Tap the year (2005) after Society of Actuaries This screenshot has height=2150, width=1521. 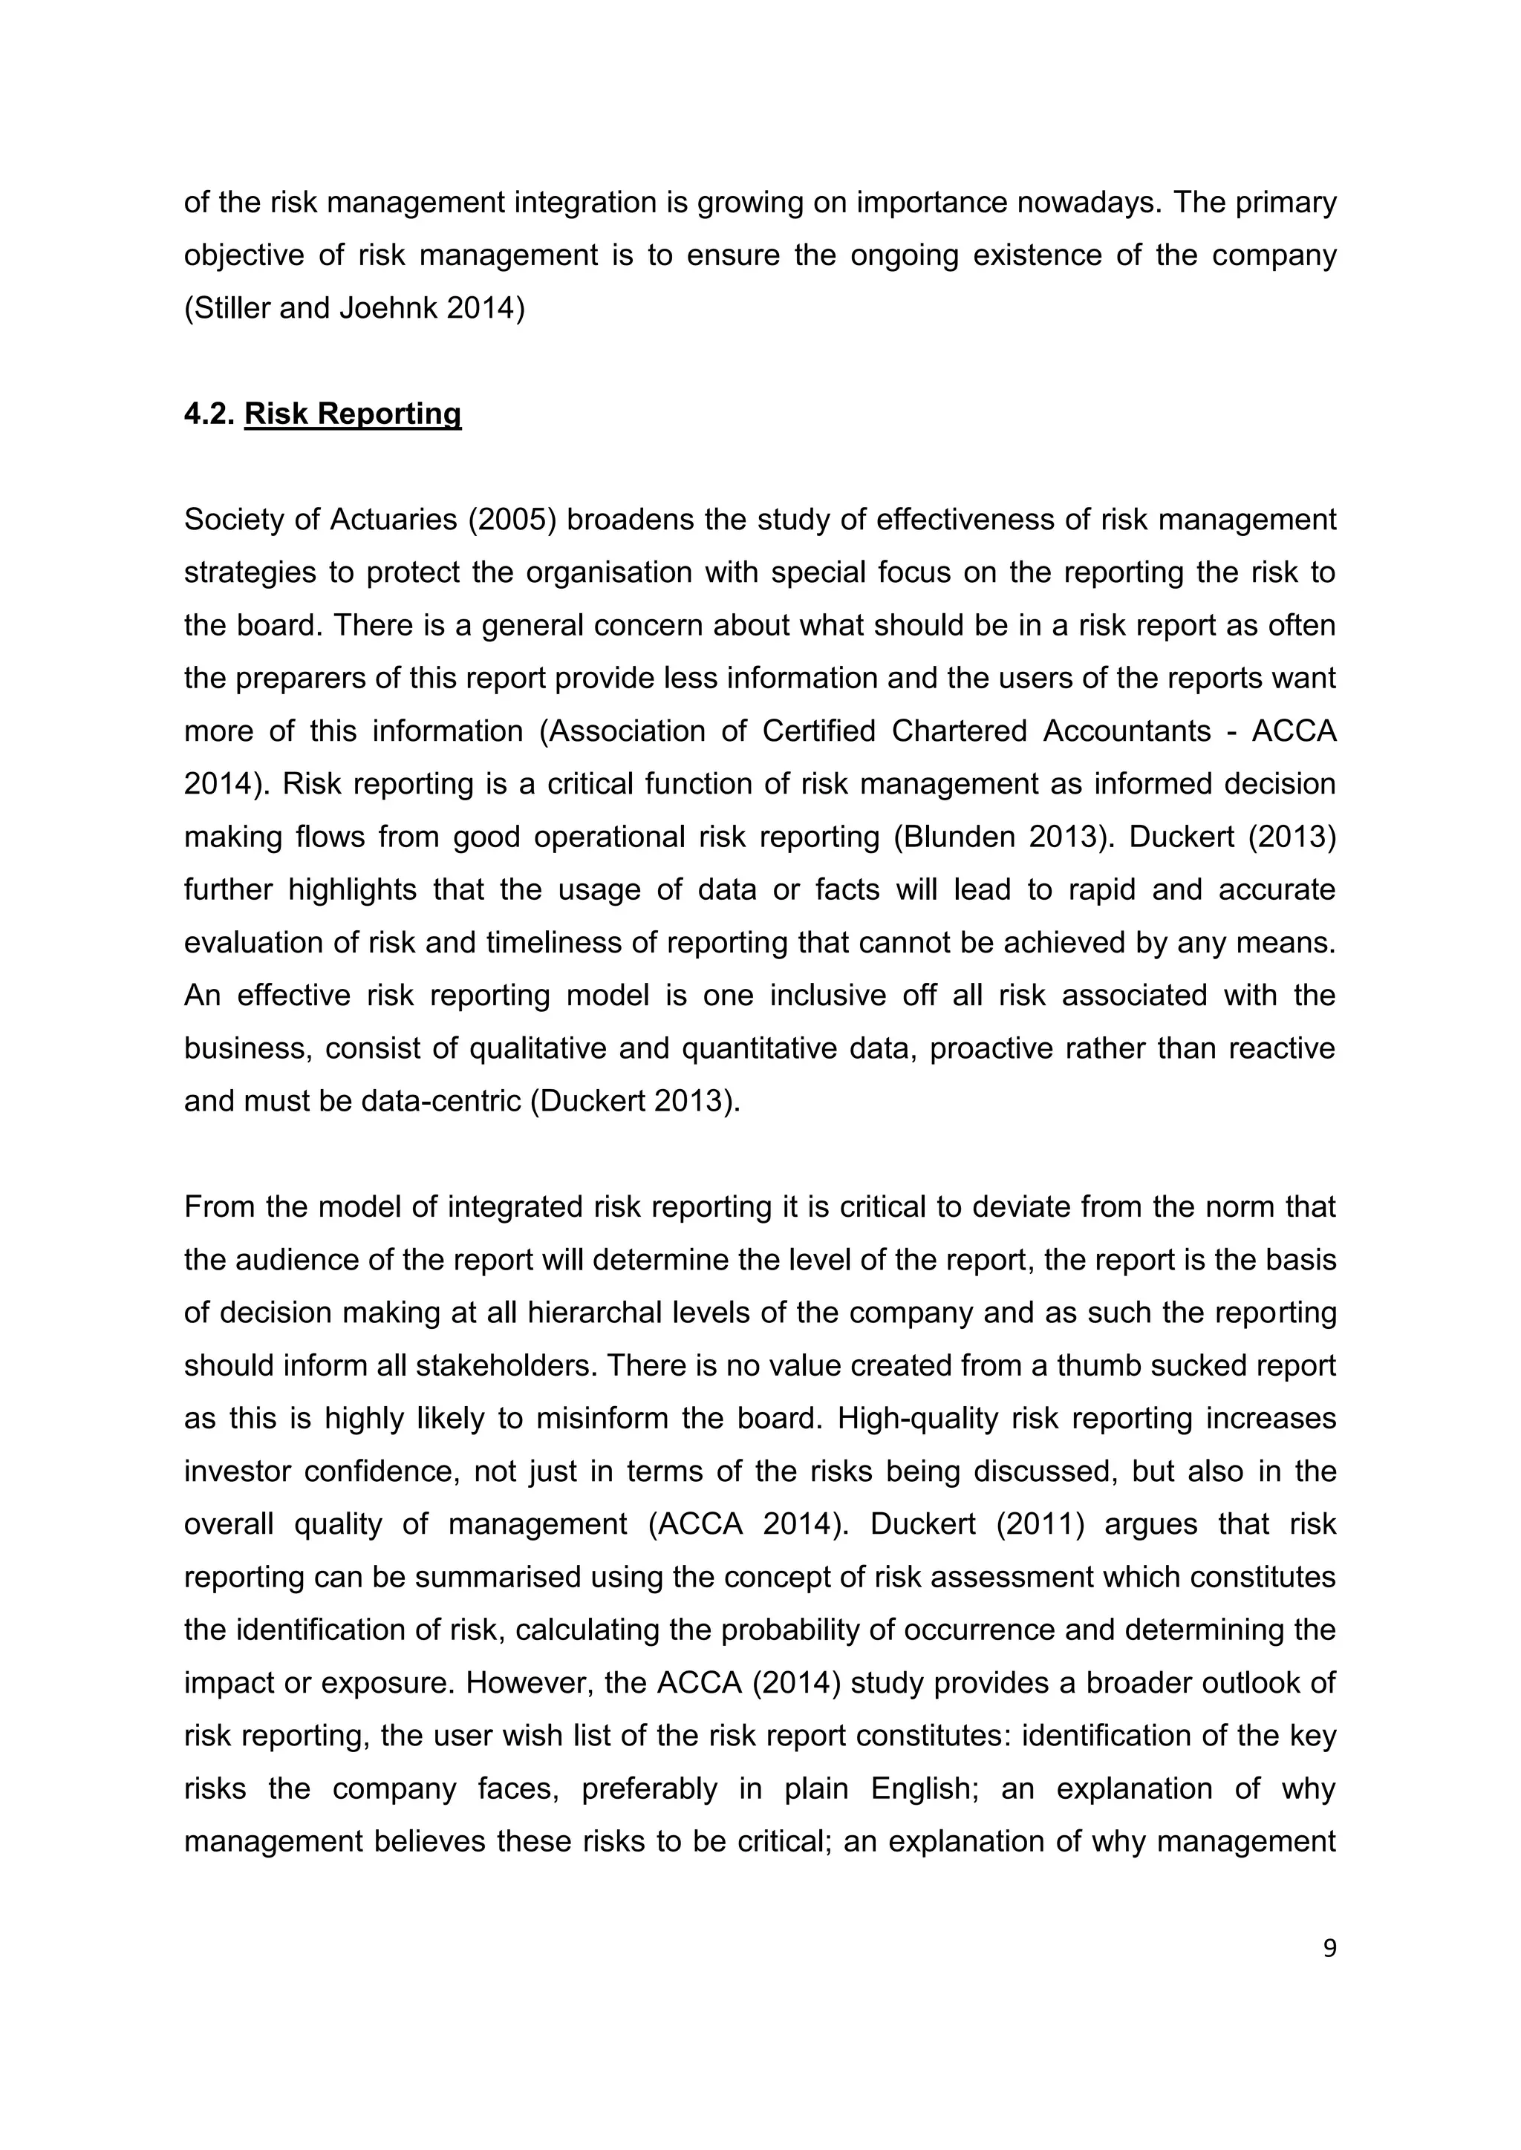(512, 520)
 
